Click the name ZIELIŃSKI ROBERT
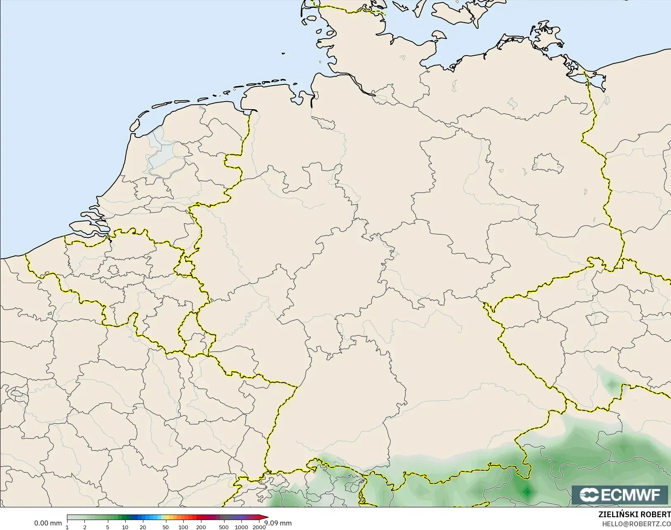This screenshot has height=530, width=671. click(x=634, y=514)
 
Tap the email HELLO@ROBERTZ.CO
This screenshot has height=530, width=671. click(x=636, y=523)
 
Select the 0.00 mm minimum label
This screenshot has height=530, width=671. click(x=48, y=523)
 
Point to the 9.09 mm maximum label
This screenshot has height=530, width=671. click(x=278, y=523)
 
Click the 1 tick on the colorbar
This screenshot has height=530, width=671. click(x=67, y=527)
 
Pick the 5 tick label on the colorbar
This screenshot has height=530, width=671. click(x=108, y=527)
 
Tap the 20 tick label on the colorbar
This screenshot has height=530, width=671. click(x=143, y=527)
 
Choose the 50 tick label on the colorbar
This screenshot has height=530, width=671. click(x=166, y=527)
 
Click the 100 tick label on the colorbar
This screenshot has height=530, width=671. click(x=183, y=527)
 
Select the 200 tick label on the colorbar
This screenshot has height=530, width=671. click(x=201, y=527)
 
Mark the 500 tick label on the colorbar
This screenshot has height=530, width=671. click(x=224, y=527)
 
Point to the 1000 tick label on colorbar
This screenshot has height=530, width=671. click(x=241, y=527)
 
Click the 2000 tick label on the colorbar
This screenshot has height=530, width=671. click(x=259, y=527)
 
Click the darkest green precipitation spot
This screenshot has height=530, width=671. click(x=527, y=491)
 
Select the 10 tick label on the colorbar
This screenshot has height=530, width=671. click(x=125, y=527)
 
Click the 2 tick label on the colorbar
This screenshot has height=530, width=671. click(x=85, y=527)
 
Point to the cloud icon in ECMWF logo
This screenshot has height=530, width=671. click(x=589, y=495)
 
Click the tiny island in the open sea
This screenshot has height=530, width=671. click(x=283, y=53)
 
